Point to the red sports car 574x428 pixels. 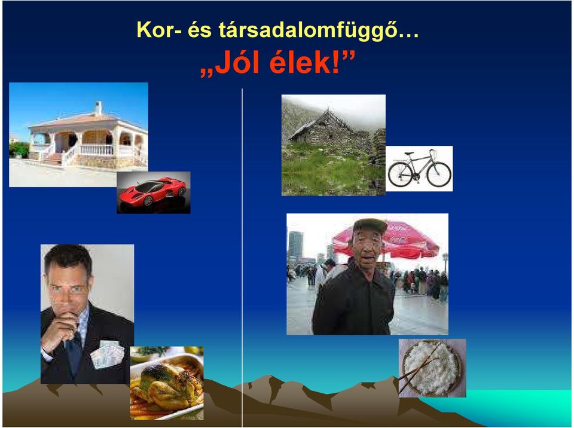(152, 191)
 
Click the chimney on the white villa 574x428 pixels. (98, 108)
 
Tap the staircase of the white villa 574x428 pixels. (55, 158)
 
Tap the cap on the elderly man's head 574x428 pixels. (369, 225)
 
